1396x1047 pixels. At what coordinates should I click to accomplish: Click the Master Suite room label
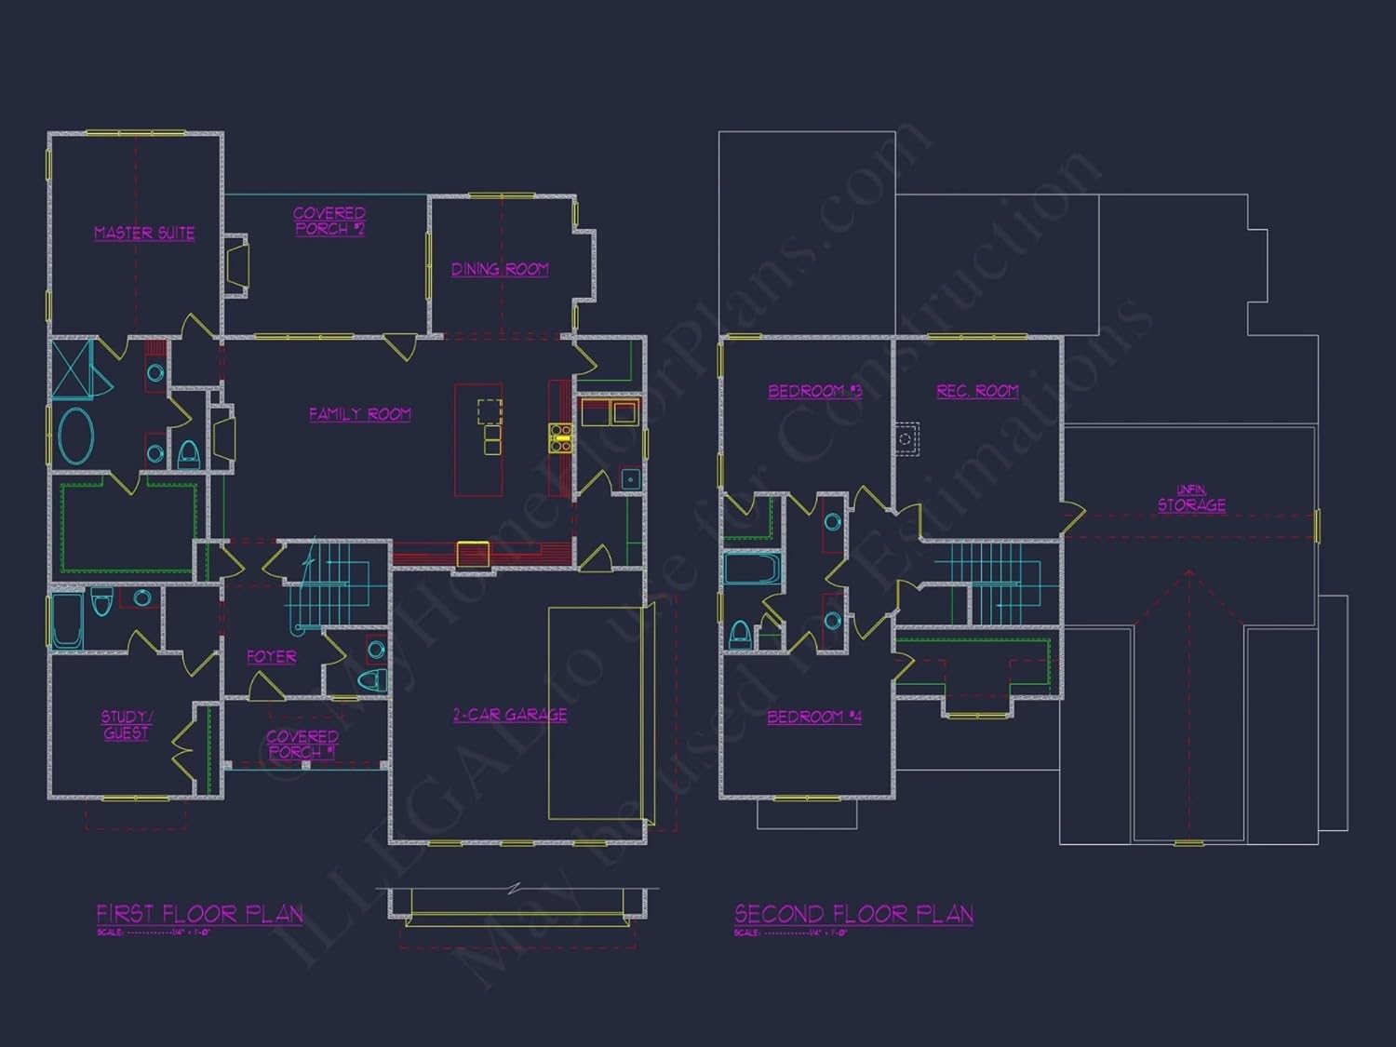click(144, 233)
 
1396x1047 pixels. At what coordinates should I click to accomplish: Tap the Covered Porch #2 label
click(329, 221)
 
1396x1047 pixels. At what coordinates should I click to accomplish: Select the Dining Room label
click(500, 269)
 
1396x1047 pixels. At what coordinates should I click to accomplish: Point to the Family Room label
click(360, 414)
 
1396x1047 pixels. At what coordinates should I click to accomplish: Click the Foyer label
click(271, 657)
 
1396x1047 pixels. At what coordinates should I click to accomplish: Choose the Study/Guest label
click(127, 725)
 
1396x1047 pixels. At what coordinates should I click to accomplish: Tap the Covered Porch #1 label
click(302, 744)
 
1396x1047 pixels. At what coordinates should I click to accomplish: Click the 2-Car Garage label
click(510, 715)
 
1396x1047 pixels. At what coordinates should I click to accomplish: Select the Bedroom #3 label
click(814, 391)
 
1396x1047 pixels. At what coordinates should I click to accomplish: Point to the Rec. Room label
click(977, 391)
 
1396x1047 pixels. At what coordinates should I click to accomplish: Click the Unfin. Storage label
click(1191, 500)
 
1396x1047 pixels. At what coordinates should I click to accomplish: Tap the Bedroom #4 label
click(814, 717)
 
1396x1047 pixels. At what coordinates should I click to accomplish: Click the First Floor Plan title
click(200, 914)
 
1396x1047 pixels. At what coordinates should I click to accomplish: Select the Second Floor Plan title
click(853, 914)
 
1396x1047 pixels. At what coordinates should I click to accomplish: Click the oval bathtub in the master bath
click(76, 436)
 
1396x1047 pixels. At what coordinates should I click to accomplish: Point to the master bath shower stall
click(72, 369)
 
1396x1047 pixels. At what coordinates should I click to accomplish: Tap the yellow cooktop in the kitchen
click(559, 437)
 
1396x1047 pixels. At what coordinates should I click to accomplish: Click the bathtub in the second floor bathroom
click(750, 569)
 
